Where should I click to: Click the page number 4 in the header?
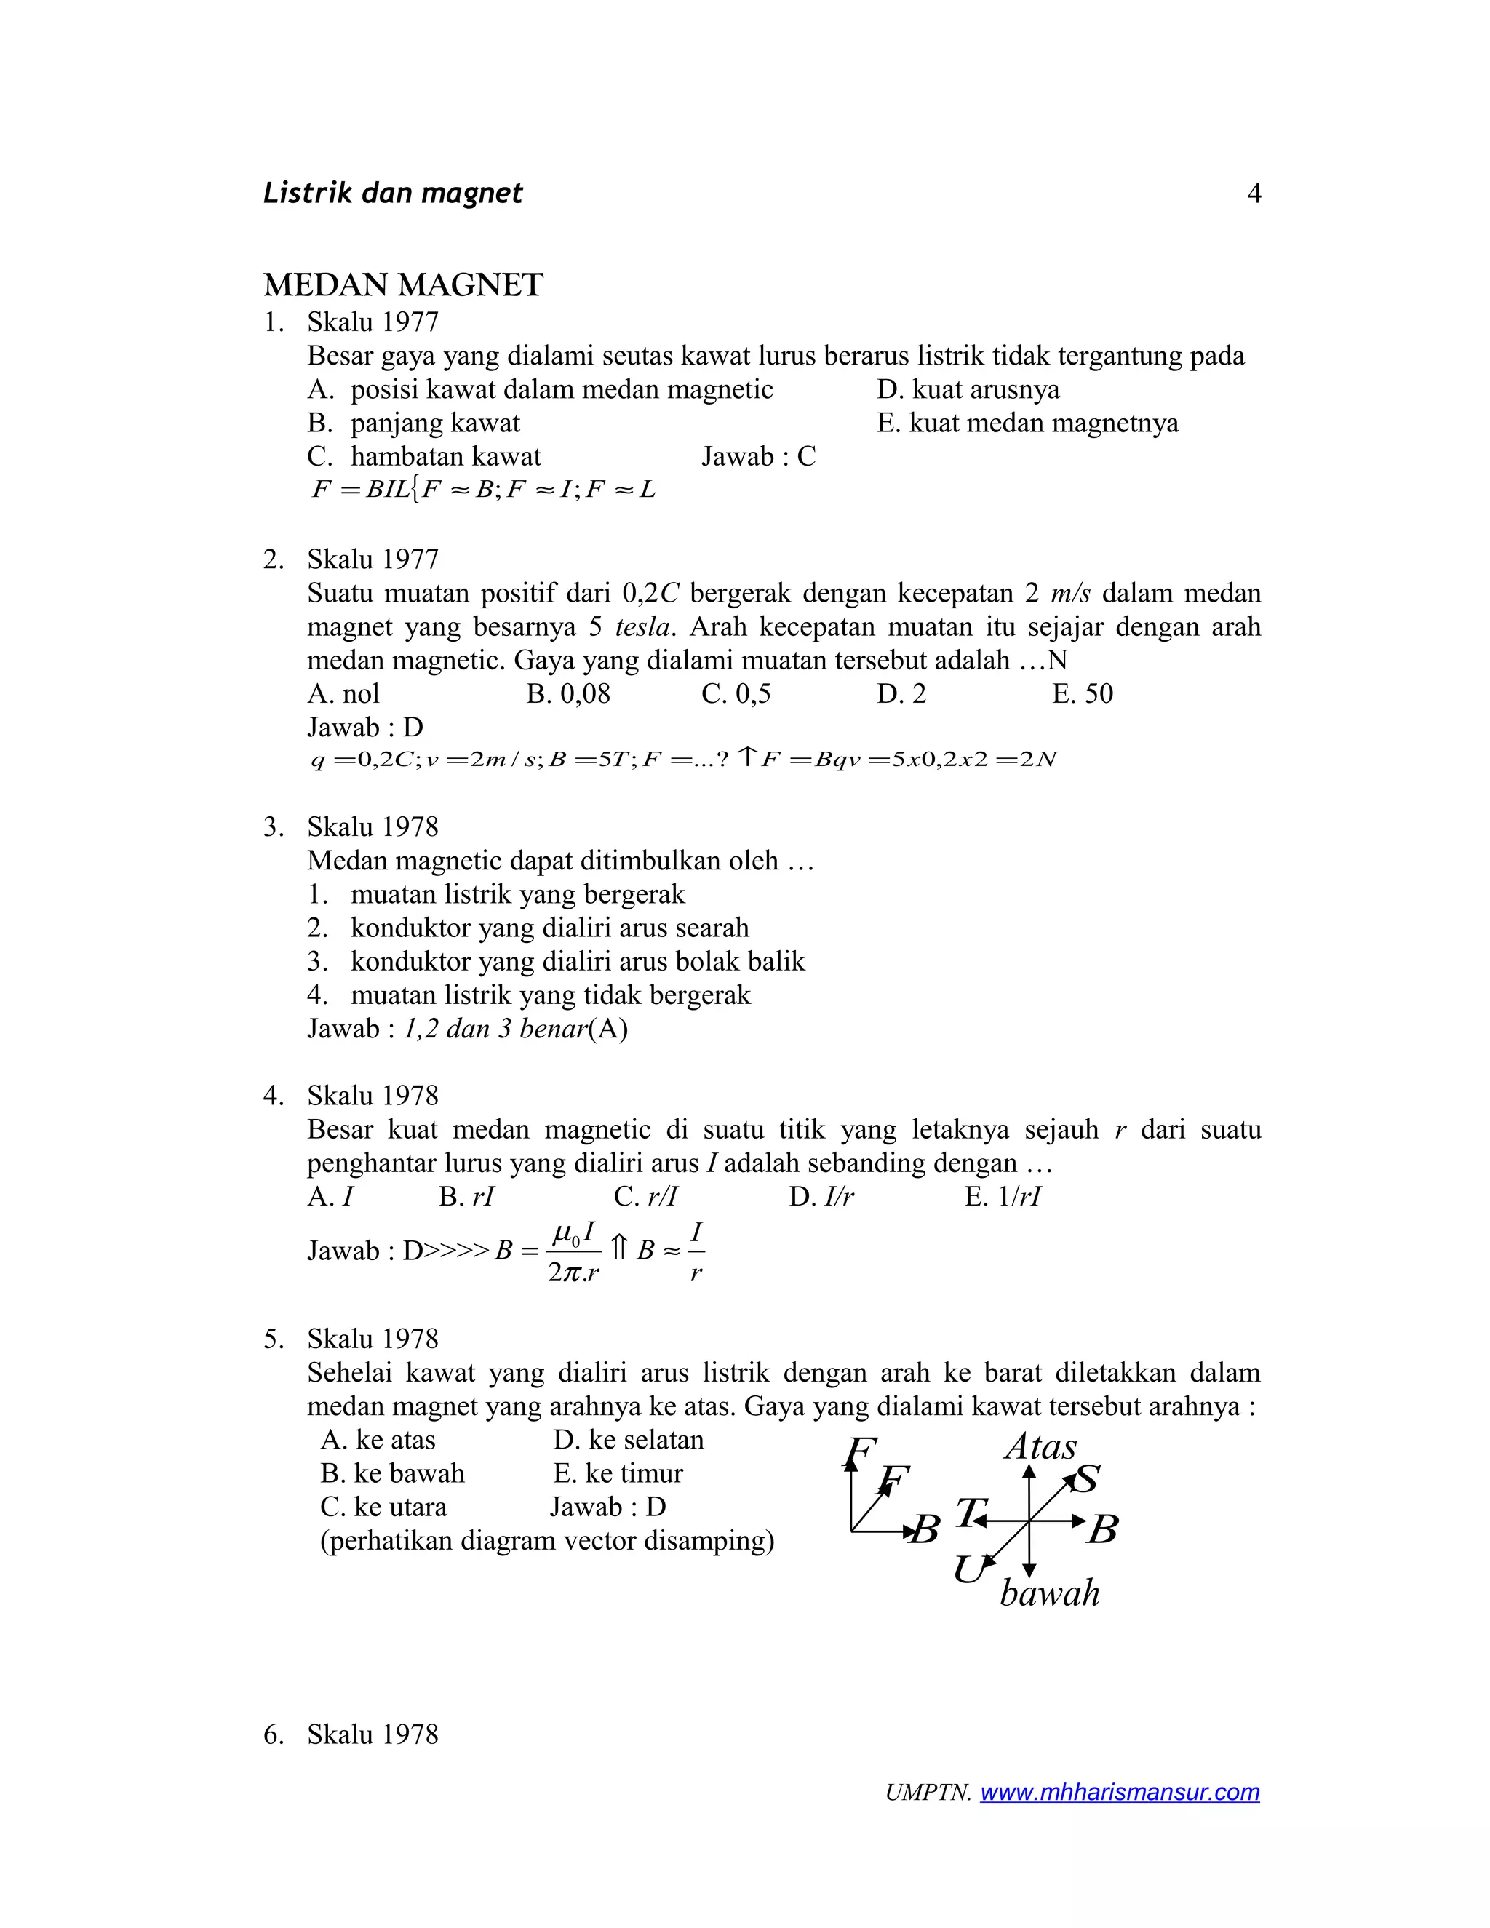click(1254, 194)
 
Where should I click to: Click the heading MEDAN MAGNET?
click(402, 285)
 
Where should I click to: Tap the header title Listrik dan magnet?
click(393, 194)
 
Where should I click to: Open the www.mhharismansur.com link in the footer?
click(1119, 1792)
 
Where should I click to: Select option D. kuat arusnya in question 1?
click(968, 389)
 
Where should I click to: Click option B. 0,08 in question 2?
click(567, 694)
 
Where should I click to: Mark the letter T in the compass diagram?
click(968, 1513)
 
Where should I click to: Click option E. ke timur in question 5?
click(618, 1473)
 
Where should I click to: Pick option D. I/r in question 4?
click(821, 1197)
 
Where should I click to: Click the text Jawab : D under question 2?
click(364, 728)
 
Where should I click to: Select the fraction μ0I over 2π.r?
click(574, 1252)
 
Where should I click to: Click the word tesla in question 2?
click(645, 626)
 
